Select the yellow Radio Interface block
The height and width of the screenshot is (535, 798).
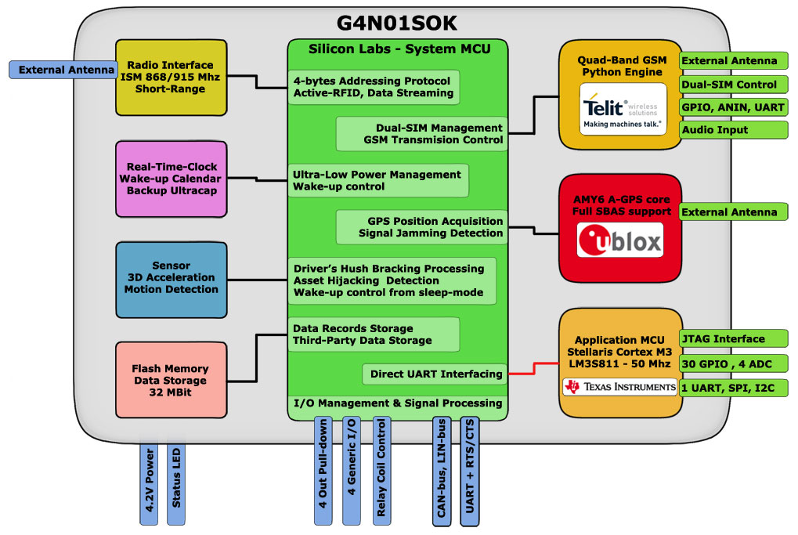tap(171, 77)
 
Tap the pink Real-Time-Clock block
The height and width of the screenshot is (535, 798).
tap(171, 179)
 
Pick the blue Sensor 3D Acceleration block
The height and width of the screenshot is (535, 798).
tap(171, 278)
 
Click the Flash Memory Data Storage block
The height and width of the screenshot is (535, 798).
tap(170, 380)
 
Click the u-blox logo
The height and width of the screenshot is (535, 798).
tap(619, 240)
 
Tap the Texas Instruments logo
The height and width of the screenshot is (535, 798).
tap(619, 387)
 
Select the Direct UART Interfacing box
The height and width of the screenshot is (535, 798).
tap(435, 374)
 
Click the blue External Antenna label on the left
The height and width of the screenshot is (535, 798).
tap(62, 70)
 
